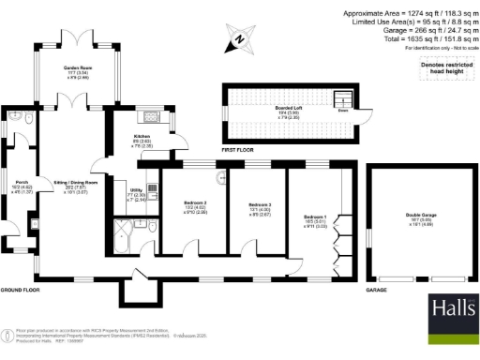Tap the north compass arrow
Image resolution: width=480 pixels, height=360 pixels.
point(238,39)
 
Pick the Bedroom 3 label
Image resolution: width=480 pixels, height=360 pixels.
point(260,208)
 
